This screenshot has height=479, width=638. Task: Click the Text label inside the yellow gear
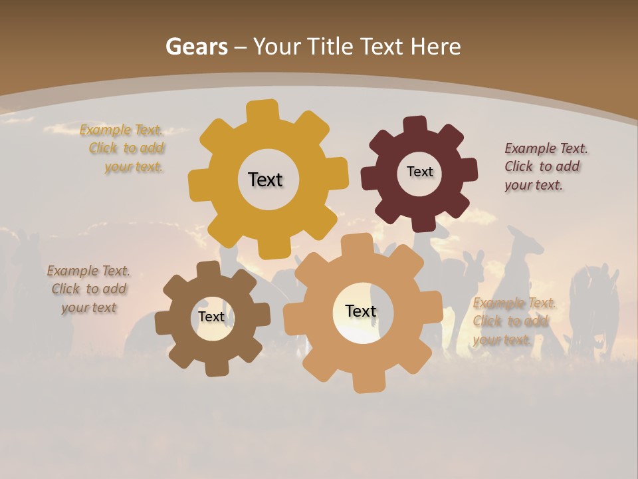(x=265, y=180)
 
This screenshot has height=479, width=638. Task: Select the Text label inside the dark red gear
(x=419, y=172)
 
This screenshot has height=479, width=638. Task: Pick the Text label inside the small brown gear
(x=211, y=317)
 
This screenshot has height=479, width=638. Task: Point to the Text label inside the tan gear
(x=361, y=311)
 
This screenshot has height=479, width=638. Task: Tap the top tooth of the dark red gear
(x=415, y=125)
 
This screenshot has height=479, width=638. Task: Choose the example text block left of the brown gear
(x=88, y=289)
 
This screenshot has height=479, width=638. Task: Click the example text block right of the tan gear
(x=514, y=321)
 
